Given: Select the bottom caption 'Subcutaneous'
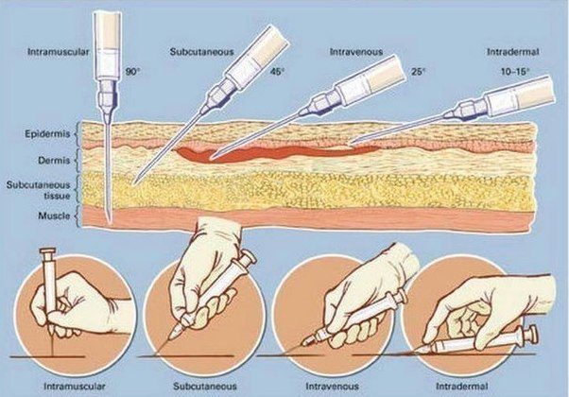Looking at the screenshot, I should [x=200, y=386].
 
